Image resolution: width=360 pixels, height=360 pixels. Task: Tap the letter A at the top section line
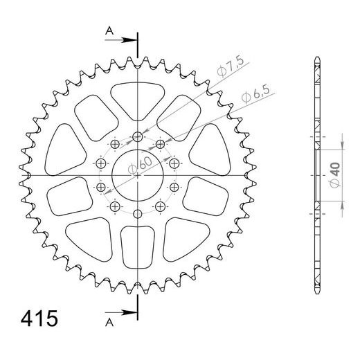tap(108, 30)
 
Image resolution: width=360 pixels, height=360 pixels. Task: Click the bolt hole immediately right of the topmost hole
tap(161, 143)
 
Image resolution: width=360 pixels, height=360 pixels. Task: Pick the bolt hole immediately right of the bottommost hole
tap(161, 206)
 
